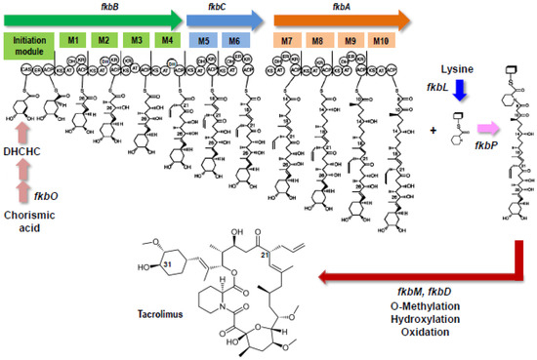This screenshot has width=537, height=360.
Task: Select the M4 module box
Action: [x=168, y=41]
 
